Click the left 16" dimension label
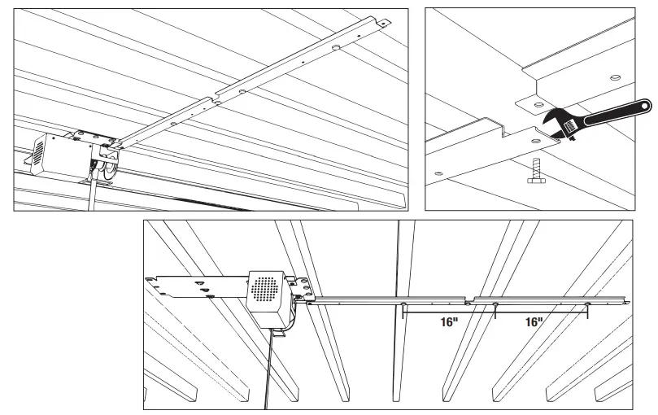448,322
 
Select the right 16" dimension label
534,322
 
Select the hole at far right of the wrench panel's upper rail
615,79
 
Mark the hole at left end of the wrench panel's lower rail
440,173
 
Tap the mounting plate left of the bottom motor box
191,287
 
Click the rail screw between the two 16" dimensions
495,306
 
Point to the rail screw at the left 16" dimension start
403,306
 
